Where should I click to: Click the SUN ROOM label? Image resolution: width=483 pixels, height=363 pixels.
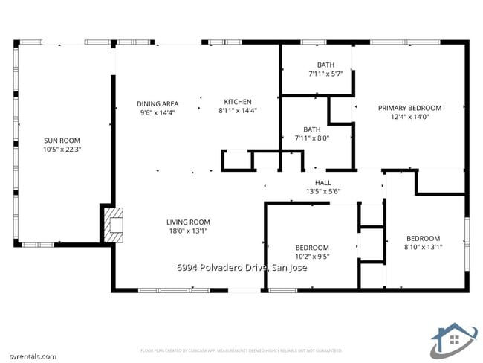coord(62,141)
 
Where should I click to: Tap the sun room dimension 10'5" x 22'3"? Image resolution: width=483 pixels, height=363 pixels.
coord(62,150)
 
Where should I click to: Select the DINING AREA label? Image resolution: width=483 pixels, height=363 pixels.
coord(157,103)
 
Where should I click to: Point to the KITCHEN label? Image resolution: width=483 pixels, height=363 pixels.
coord(238,102)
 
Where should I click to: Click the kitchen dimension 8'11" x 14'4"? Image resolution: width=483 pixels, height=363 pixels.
coord(238,111)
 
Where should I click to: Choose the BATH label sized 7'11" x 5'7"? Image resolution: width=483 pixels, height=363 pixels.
coord(325,65)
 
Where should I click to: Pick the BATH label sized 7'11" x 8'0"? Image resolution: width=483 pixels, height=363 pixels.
coord(312,129)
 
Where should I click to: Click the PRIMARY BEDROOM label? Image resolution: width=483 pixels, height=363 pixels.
coord(409,108)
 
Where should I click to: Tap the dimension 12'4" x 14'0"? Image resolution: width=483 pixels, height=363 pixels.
coord(409,117)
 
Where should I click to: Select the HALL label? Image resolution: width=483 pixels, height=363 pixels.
coord(323,182)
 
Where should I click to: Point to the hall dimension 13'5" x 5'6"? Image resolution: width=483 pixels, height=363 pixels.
coord(323,191)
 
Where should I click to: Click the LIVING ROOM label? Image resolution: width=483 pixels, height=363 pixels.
coord(187,222)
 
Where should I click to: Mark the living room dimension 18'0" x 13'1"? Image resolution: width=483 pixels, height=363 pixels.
coord(187,231)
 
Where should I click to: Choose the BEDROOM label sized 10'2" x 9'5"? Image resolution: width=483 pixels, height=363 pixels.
coord(312,248)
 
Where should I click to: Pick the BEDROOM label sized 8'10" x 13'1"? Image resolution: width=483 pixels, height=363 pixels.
coord(423,238)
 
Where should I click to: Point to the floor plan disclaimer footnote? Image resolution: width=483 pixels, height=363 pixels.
coord(241,350)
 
